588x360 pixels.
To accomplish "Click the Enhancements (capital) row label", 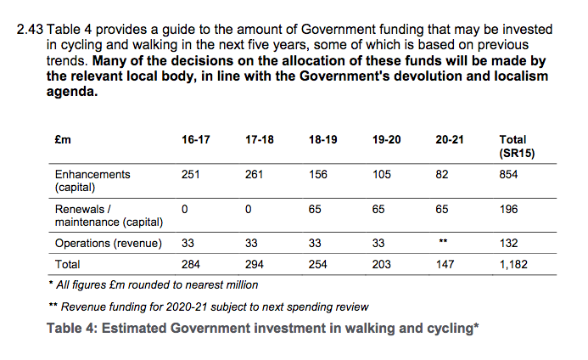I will click(92, 181).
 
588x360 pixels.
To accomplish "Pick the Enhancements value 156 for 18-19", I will click(319, 175).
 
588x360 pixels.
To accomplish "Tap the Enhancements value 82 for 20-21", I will click(442, 175).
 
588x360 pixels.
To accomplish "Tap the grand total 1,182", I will click(514, 265).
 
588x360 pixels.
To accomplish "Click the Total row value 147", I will click(445, 265).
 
